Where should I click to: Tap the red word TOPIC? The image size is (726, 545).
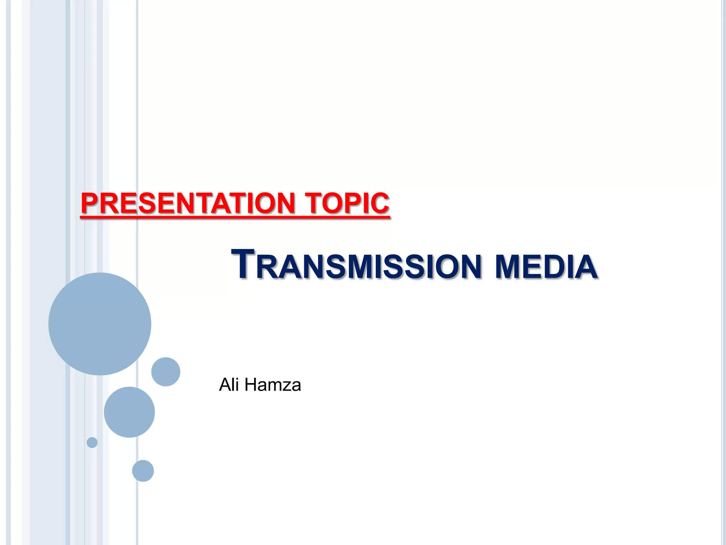347,203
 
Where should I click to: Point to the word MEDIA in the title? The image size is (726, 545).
546,267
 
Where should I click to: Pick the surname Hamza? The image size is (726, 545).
273,385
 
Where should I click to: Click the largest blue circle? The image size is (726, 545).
100,324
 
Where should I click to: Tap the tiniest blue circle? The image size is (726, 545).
92,442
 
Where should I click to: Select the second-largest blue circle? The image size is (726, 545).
129,412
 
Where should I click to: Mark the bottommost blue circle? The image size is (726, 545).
143,471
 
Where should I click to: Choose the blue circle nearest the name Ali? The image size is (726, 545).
166,372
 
